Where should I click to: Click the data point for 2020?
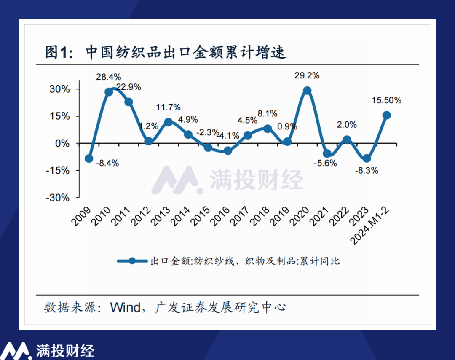pyautogui.click(x=307, y=91)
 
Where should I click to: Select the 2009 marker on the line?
pyautogui.click(x=89, y=159)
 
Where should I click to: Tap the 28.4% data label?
pyautogui.click(x=109, y=77)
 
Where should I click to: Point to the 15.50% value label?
pyautogui.click(x=386, y=101)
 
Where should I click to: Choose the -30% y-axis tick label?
pyautogui.click(x=59, y=197)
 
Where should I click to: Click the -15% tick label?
pyautogui.click(x=59, y=170)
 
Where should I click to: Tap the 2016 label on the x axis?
pyautogui.click(x=224, y=216)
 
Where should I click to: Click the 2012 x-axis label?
pyautogui.click(x=144, y=216)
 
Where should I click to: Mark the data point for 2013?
pyautogui.click(x=168, y=122)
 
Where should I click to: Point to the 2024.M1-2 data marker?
pyautogui.click(x=386, y=115)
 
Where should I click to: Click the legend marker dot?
pyautogui.click(x=132, y=261)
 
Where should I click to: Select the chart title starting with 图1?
pyautogui.click(x=166, y=52)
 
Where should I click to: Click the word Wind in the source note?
pyautogui.click(x=125, y=307)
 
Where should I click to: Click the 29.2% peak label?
pyautogui.click(x=307, y=76)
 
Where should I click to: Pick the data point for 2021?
pyautogui.click(x=327, y=153)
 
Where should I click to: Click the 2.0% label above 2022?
pyautogui.click(x=347, y=125)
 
